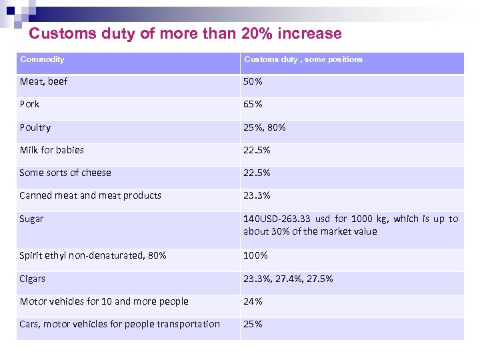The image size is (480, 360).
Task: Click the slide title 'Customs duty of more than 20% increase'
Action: click(185, 33)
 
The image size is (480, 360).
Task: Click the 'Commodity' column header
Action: click(42, 59)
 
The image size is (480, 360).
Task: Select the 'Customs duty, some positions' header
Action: click(303, 59)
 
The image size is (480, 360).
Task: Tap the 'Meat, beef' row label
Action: click(43, 81)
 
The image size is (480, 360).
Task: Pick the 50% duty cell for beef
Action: click(253, 81)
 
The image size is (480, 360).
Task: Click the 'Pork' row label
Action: click(29, 104)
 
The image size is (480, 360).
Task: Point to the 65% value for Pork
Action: click(253, 104)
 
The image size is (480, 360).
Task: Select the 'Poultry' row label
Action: click(35, 127)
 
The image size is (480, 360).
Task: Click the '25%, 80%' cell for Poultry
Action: click(264, 127)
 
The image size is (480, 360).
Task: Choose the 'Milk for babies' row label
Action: click(51, 150)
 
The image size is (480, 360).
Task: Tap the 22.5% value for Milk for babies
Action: click(257, 150)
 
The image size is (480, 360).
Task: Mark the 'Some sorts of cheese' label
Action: click(65, 173)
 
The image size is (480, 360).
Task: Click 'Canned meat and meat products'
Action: click(90, 195)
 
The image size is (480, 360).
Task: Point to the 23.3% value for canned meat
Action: click(257, 195)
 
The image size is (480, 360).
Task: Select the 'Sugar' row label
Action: click(31, 219)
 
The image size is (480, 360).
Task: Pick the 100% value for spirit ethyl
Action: click(255, 255)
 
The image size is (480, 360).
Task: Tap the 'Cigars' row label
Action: click(33, 279)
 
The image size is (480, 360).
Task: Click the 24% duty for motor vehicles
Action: click(253, 301)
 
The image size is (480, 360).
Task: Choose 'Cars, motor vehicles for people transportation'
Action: click(119, 324)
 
